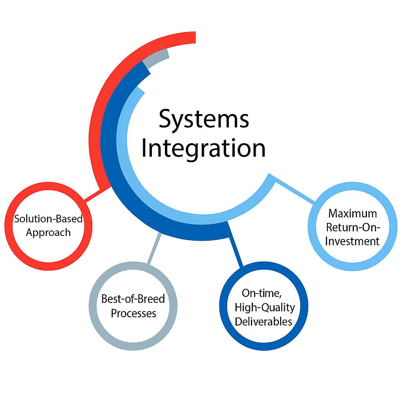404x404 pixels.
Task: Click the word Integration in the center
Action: [x=204, y=149]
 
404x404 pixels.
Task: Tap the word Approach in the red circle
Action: [x=48, y=232]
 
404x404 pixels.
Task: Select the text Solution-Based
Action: [x=48, y=219]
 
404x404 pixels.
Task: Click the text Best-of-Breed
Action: [x=133, y=299]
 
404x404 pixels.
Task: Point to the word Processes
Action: [x=133, y=313]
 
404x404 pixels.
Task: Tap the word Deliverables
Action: [x=264, y=322]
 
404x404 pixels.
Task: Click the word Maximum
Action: [x=353, y=213]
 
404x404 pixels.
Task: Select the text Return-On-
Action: [x=353, y=228]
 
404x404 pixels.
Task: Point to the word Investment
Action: [x=353, y=241]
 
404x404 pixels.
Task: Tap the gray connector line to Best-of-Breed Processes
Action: [x=154, y=249]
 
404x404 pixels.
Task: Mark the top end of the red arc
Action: [x=191, y=37]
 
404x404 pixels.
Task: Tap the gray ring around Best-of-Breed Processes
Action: [x=94, y=306]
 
